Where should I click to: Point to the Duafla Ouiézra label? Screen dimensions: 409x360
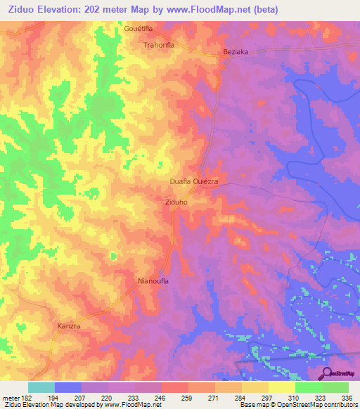pos(194,181)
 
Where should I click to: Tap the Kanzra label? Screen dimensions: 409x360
pos(70,327)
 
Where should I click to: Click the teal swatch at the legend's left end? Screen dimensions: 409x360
pos(41,387)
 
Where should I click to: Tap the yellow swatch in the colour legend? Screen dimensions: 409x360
pos(281,387)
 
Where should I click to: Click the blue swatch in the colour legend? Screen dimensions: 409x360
pos(68,387)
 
